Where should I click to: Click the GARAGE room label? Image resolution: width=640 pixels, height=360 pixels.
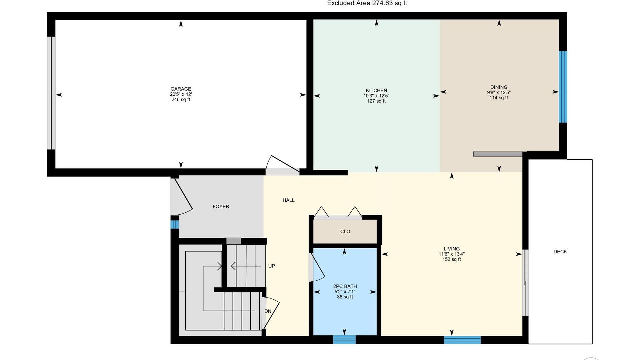(181, 89)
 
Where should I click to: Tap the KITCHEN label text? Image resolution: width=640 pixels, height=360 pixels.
(376, 91)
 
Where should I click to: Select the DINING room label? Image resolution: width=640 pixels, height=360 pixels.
(499, 87)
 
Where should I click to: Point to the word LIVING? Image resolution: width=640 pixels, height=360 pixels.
(452, 249)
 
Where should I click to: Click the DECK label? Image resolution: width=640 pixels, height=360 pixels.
(560, 252)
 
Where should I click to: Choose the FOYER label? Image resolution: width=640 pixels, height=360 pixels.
(221, 207)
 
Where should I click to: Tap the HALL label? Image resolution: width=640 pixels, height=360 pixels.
(289, 200)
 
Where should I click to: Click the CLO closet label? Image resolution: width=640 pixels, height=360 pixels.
(345, 232)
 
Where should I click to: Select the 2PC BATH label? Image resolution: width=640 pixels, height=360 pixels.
(345, 286)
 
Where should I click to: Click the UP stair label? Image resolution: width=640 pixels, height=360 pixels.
(272, 266)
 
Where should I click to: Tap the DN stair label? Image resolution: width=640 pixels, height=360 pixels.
(268, 311)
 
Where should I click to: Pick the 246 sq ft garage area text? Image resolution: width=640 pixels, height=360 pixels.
(181, 100)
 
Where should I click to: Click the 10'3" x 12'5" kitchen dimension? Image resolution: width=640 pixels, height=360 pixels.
(376, 96)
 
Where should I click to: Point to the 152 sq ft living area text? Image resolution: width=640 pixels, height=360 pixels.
(452, 259)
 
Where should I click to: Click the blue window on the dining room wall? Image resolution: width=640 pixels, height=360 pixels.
(563, 87)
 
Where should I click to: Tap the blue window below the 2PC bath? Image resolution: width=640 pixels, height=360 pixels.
(344, 339)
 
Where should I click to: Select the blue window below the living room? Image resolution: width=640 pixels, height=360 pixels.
(462, 340)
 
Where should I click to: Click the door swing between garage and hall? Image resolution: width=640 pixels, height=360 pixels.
(282, 164)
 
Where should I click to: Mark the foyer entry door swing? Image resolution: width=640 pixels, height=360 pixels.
(182, 197)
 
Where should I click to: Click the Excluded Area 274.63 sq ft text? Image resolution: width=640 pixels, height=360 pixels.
(367, 3)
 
